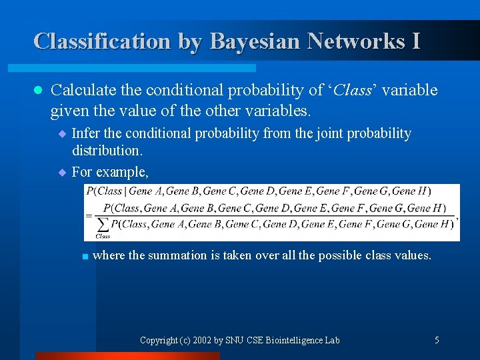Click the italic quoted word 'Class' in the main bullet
[x=353, y=90]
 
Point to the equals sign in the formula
[x=89, y=216]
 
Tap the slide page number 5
[x=437, y=340]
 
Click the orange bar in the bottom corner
[x=127, y=356]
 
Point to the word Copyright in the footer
[x=158, y=340]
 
